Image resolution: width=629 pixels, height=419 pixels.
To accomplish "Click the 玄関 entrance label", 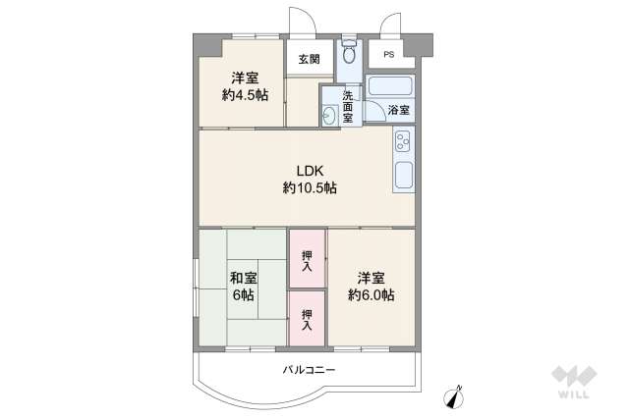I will point(309,59).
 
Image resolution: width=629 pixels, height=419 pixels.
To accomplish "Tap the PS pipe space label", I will point(389,55).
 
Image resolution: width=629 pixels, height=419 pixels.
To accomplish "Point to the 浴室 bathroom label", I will point(399,111).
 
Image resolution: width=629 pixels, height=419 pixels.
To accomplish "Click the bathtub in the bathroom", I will point(389,85).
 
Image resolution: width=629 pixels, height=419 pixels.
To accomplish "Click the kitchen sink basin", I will point(403,178).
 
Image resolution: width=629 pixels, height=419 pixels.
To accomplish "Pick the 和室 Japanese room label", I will point(244,277).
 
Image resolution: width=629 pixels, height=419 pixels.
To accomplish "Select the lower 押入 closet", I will point(307,318).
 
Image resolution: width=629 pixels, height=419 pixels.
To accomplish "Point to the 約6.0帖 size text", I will point(372,295).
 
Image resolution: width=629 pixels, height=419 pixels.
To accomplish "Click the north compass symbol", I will point(455,396).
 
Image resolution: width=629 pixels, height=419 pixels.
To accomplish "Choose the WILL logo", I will point(572,384).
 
